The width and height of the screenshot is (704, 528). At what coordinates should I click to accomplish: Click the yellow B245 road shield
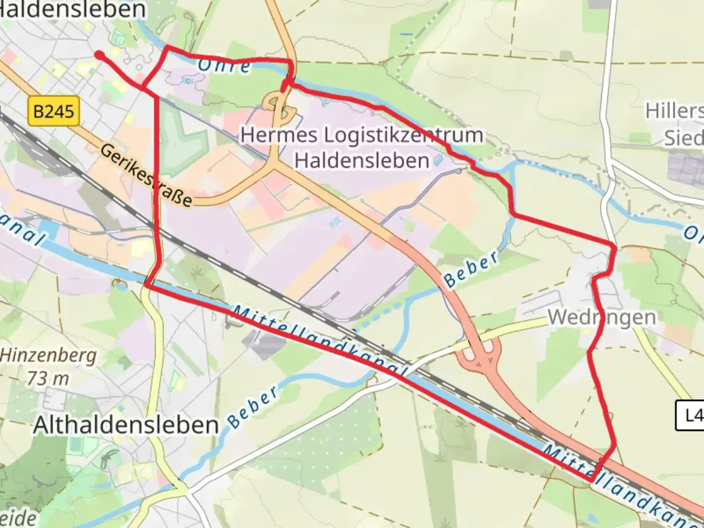(x=54, y=111)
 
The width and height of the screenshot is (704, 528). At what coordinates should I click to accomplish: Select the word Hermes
(x=278, y=134)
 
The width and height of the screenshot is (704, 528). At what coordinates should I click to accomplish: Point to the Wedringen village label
(x=602, y=317)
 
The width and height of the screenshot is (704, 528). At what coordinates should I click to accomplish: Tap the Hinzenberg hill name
(x=48, y=355)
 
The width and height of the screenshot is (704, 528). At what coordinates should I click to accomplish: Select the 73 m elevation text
(x=48, y=378)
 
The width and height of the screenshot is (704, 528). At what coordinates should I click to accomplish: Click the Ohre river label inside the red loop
(x=224, y=66)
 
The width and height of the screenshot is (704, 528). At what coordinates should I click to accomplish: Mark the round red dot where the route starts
(x=99, y=55)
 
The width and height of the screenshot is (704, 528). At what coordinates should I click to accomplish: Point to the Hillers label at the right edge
(x=675, y=111)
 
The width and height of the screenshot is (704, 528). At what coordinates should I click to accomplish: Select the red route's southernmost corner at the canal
(x=592, y=481)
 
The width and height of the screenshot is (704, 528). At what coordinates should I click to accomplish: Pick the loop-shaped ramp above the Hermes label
(x=278, y=105)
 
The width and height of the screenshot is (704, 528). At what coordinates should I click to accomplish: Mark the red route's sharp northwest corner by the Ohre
(x=167, y=48)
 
